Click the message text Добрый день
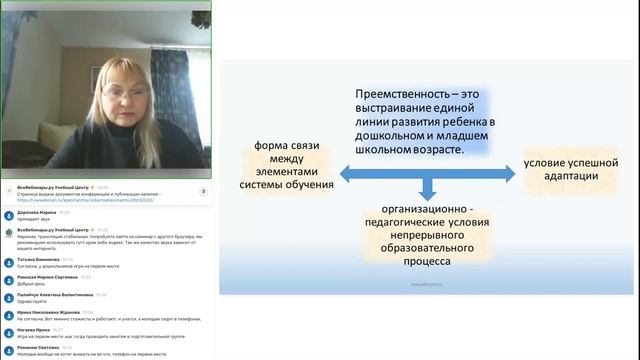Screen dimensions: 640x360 point(31,283)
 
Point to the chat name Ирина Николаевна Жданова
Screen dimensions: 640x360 point(47,312)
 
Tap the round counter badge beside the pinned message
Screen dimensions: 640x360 point(204,191)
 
